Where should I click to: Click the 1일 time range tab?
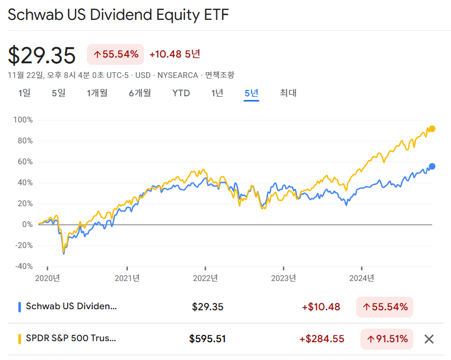point(25,93)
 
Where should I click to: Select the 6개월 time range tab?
point(140,93)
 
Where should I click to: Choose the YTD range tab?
point(181,93)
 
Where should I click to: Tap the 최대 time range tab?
point(288,93)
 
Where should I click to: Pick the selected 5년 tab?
point(251,93)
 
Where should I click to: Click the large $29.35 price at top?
point(42,55)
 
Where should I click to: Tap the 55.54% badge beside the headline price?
point(116,54)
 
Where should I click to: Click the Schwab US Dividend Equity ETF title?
point(118,15)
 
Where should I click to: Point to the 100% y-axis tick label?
point(23,120)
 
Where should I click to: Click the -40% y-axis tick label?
point(23,266)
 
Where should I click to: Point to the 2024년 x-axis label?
point(362,278)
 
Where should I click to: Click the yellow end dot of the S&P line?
point(432,129)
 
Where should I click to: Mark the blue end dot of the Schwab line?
point(432,166)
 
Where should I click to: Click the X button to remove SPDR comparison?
point(429,339)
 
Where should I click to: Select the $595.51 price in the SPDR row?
point(207,339)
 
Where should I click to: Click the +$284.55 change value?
point(322,339)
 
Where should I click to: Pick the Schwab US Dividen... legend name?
point(71,307)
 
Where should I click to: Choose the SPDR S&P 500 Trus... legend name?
point(71,339)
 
